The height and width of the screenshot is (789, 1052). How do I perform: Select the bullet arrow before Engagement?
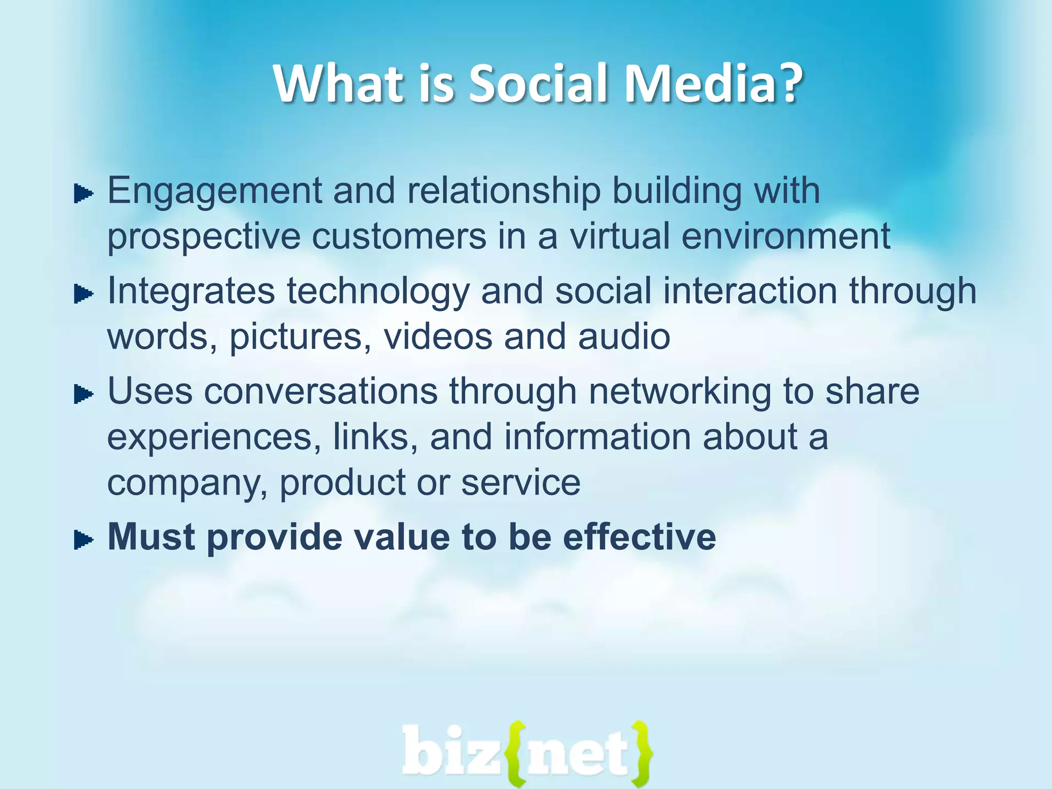click(x=83, y=194)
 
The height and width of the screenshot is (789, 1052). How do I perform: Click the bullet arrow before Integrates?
click(x=83, y=294)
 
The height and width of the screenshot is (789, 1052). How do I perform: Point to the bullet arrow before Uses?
click(x=83, y=394)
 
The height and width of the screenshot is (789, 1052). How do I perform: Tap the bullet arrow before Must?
click(x=83, y=540)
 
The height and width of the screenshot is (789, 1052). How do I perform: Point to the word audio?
click(x=624, y=336)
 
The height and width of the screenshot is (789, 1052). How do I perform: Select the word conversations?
click(x=321, y=391)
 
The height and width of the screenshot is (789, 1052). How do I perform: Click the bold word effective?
click(x=639, y=537)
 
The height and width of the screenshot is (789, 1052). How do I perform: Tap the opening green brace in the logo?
click(x=515, y=754)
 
